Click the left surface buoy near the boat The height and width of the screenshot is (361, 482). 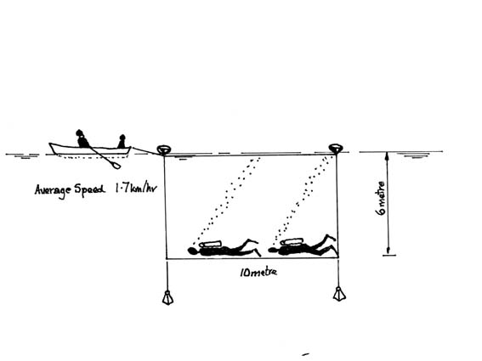[163, 149]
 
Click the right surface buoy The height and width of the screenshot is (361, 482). [336, 148]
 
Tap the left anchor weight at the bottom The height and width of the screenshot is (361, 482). [167, 297]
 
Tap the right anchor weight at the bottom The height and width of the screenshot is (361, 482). [339, 293]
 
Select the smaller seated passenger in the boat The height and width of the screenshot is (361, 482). [122, 141]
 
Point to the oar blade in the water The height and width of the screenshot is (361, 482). [116, 166]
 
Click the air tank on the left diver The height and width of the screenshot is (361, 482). [210, 244]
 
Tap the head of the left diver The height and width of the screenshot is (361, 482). [193, 251]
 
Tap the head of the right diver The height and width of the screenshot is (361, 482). [273, 250]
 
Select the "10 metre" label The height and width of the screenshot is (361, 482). [258, 272]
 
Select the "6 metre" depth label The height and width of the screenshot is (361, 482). [381, 198]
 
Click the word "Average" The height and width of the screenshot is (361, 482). [53, 190]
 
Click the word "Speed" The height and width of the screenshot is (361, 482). [89, 189]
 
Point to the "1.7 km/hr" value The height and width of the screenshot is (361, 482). [135, 188]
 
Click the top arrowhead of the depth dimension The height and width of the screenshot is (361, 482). [388, 155]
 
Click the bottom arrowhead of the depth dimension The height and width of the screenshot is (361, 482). [388, 251]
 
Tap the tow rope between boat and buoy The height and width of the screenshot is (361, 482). [145, 151]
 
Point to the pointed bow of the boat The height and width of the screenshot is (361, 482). [130, 148]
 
